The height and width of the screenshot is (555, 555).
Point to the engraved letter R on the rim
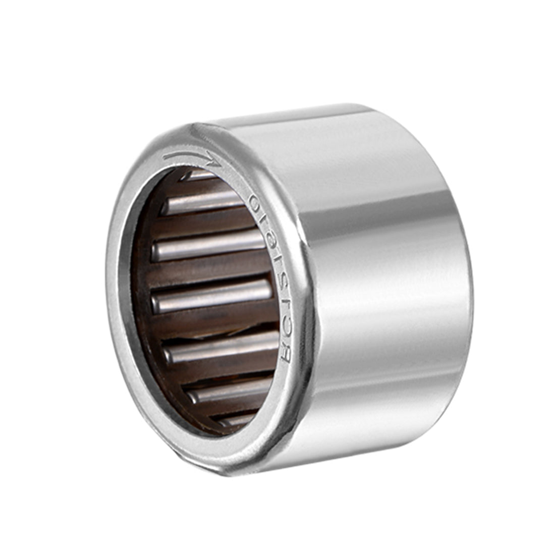(286, 356)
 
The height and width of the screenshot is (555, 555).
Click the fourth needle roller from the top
(212, 295)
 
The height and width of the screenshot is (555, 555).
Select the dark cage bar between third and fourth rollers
(212, 270)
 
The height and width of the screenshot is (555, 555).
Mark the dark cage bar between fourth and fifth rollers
(217, 323)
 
